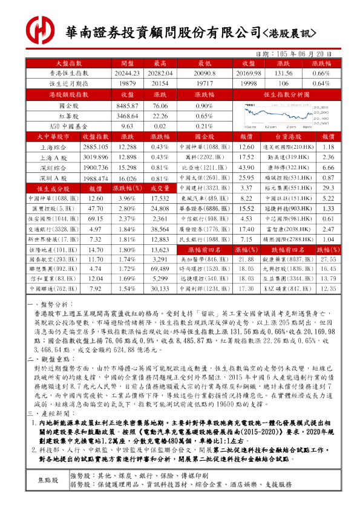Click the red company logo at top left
pyautogui.click(x=44, y=28)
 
